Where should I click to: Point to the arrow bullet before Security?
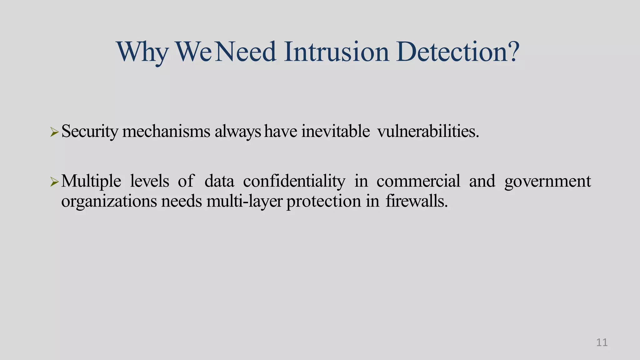pos(54,132)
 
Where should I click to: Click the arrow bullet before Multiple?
pos(54,182)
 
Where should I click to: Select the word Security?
pos(90,131)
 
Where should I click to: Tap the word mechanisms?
pos(166,131)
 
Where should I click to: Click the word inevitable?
pos(336,131)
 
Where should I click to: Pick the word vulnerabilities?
pos(428,131)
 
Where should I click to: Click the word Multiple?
pos(91,181)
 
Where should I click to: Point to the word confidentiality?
pos(294,181)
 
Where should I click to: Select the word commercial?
pos(418,181)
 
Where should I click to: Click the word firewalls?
pos(417,201)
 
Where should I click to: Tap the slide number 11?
pos(602,342)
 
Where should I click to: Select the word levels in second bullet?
pos(150,181)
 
